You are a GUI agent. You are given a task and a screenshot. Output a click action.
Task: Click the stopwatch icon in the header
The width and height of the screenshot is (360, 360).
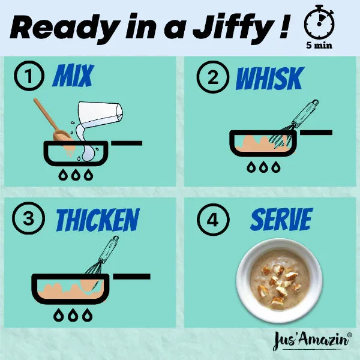319,23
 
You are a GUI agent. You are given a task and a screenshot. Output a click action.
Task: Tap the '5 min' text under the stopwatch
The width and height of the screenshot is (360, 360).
319,45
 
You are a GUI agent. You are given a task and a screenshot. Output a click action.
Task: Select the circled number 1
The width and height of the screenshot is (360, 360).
29,76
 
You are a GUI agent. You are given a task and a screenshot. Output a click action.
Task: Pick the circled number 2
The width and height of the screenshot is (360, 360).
213,77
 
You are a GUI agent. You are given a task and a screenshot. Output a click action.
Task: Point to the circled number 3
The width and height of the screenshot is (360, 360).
28,218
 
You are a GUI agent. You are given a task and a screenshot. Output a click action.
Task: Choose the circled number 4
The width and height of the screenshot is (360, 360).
213,220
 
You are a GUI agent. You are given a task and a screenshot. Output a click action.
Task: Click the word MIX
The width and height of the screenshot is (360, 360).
73,75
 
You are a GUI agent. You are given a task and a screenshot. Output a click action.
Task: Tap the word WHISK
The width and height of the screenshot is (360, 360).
270,78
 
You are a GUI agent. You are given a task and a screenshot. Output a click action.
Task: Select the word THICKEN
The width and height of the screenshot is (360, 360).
98,220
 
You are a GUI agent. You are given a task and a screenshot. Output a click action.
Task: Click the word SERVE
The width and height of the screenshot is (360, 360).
281,219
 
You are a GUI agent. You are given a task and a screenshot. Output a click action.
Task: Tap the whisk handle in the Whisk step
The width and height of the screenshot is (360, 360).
305,113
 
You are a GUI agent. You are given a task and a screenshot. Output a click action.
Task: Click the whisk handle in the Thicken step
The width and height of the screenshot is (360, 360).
109,250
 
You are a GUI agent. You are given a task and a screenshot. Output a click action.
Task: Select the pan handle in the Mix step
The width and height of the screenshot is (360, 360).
127,143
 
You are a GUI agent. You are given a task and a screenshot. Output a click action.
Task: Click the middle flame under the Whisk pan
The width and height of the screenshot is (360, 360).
263,167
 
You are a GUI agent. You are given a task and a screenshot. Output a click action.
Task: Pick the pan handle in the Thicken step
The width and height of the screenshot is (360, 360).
131,276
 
